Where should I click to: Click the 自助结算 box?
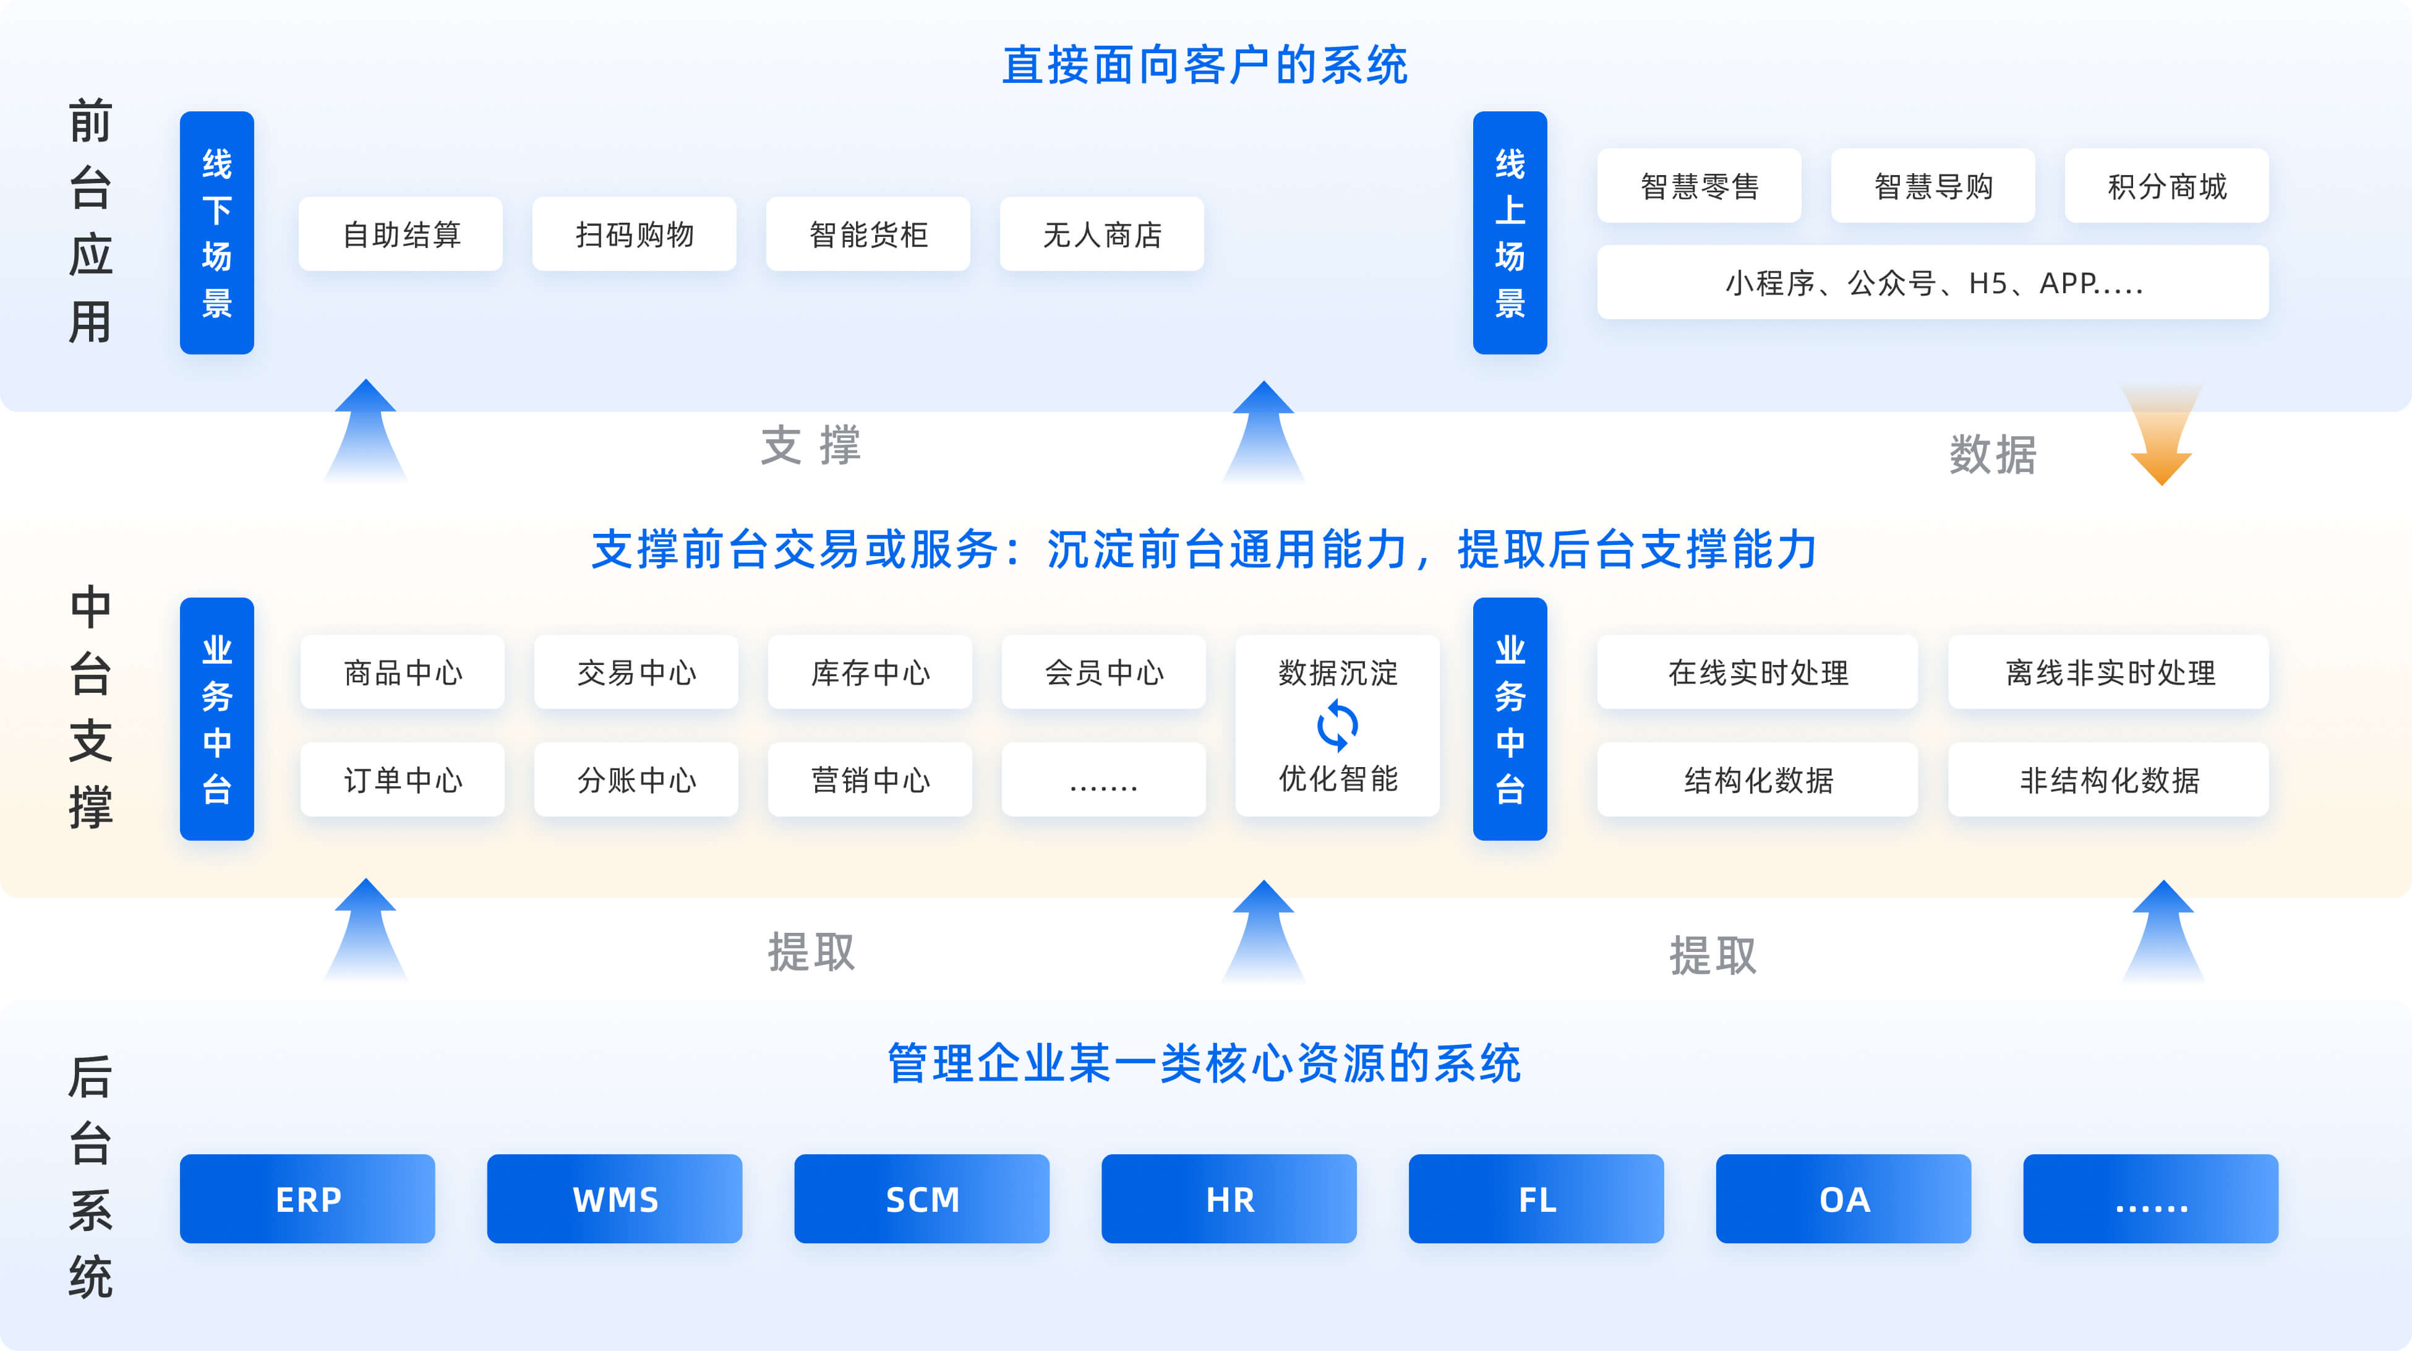[401, 234]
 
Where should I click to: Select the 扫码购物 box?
[634, 234]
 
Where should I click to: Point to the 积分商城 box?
[2166, 186]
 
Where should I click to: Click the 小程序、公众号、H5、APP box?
[1933, 282]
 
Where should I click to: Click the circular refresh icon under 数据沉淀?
[1337, 726]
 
